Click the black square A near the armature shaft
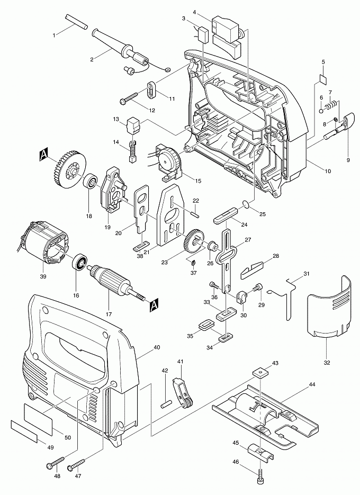(154, 304)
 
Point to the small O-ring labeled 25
(244, 204)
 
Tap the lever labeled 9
(345, 126)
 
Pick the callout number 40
(157, 348)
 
